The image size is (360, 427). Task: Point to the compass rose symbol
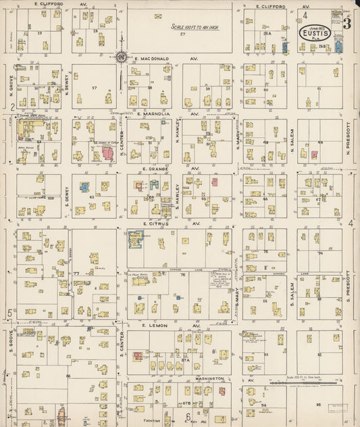[120, 57]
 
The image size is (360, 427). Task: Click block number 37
[95, 88]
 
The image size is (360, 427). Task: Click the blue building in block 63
[85, 186]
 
